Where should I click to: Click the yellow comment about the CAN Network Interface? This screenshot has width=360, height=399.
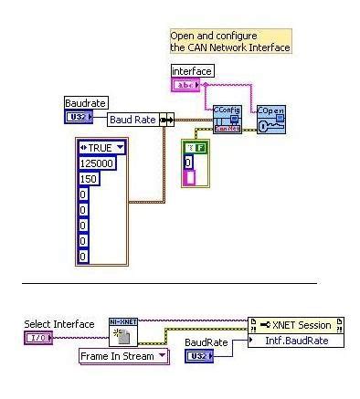tap(229, 41)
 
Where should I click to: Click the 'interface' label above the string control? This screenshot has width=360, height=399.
tap(191, 70)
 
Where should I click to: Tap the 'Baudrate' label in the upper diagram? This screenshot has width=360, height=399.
tap(85, 103)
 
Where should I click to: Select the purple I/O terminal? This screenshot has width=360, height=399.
tap(37, 338)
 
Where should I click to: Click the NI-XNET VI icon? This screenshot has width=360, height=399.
tap(122, 332)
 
